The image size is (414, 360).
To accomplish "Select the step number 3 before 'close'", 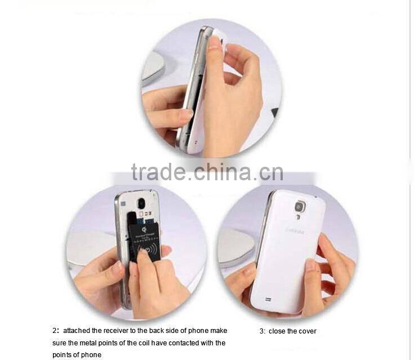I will [262, 331].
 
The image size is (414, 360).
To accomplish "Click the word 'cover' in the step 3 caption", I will [308, 331].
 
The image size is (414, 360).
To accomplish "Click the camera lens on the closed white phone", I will [299, 207].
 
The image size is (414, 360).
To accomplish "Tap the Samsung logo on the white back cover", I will [296, 230].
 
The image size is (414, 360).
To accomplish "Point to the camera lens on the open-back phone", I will [140, 203].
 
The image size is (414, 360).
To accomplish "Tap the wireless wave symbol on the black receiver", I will [148, 248].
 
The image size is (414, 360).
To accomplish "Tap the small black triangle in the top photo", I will [275, 113].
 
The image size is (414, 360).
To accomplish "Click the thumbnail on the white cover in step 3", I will [311, 265].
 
